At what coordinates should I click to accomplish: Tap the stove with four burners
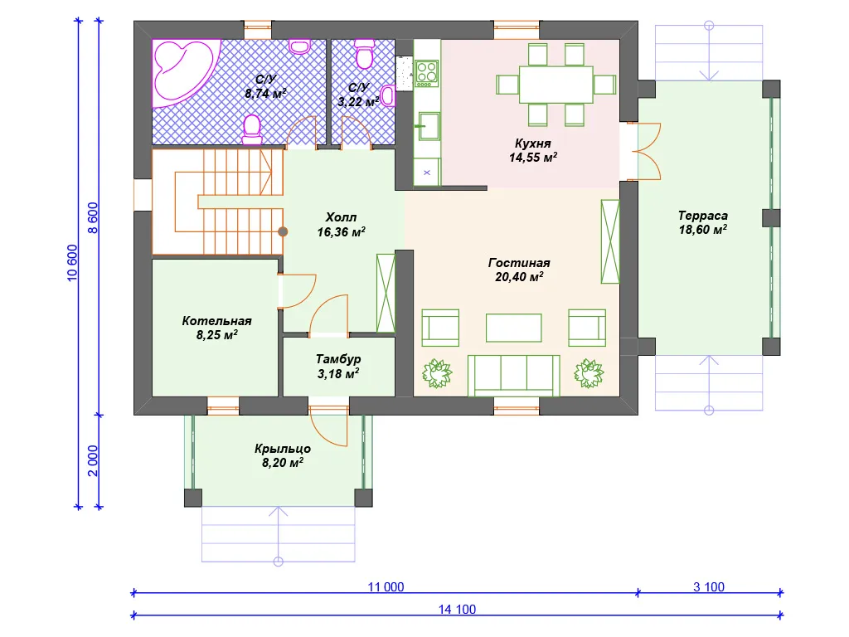coord(427,73)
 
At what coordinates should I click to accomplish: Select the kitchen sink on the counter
coord(428,126)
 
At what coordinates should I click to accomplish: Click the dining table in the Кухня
coord(556,85)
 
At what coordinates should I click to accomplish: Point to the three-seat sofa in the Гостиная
coord(514,376)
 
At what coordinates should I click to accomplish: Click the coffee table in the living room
coord(513,328)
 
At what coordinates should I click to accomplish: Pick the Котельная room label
coord(216,321)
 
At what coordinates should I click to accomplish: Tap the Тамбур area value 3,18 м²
coord(338,374)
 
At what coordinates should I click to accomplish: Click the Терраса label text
coord(703,216)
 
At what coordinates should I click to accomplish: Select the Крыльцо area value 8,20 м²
coord(282,463)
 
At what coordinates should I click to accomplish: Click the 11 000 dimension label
coord(386,586)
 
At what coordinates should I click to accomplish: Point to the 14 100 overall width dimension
coord(457,610)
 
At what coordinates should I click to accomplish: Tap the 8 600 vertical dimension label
coord(93,218)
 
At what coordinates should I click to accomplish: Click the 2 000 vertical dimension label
coord(93,461)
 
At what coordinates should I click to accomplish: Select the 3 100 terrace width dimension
coord(709,586)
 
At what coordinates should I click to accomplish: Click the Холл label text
coord(341,217)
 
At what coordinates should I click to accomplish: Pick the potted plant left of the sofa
coord(437,373)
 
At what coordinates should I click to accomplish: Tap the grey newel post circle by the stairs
coord(283,232)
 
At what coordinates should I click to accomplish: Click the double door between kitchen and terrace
coord(644,152)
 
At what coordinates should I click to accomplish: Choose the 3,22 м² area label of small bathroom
coord(358,101)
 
